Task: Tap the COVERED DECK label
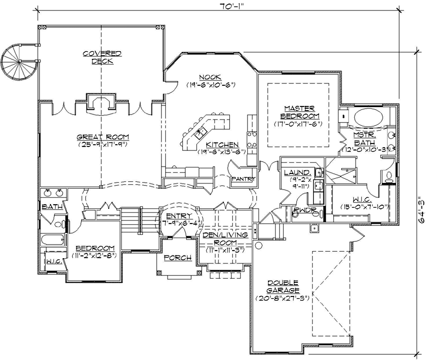point(102,57)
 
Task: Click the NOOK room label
point(209,77)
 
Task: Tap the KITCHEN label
point(222,145)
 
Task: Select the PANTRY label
point(243,179)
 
